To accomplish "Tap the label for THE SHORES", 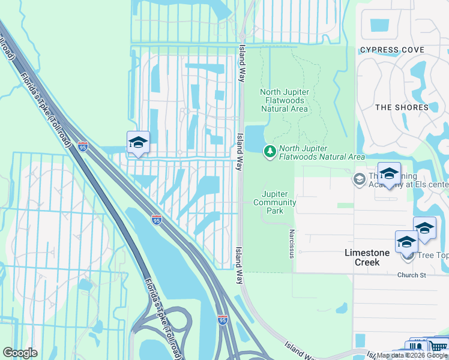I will [402, 107].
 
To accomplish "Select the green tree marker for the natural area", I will [270, 152].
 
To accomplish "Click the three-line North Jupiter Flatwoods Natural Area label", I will [285, 100].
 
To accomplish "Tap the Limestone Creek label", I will [367, 253].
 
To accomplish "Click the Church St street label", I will [411, 275].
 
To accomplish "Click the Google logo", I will [20, 353].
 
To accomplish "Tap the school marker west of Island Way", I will [138, 143].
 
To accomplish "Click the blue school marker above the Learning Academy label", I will [389, 173].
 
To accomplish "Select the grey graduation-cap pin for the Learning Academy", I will [359, 178].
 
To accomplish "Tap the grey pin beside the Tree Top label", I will [409, 256].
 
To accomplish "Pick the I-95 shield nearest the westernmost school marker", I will [83, 146].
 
